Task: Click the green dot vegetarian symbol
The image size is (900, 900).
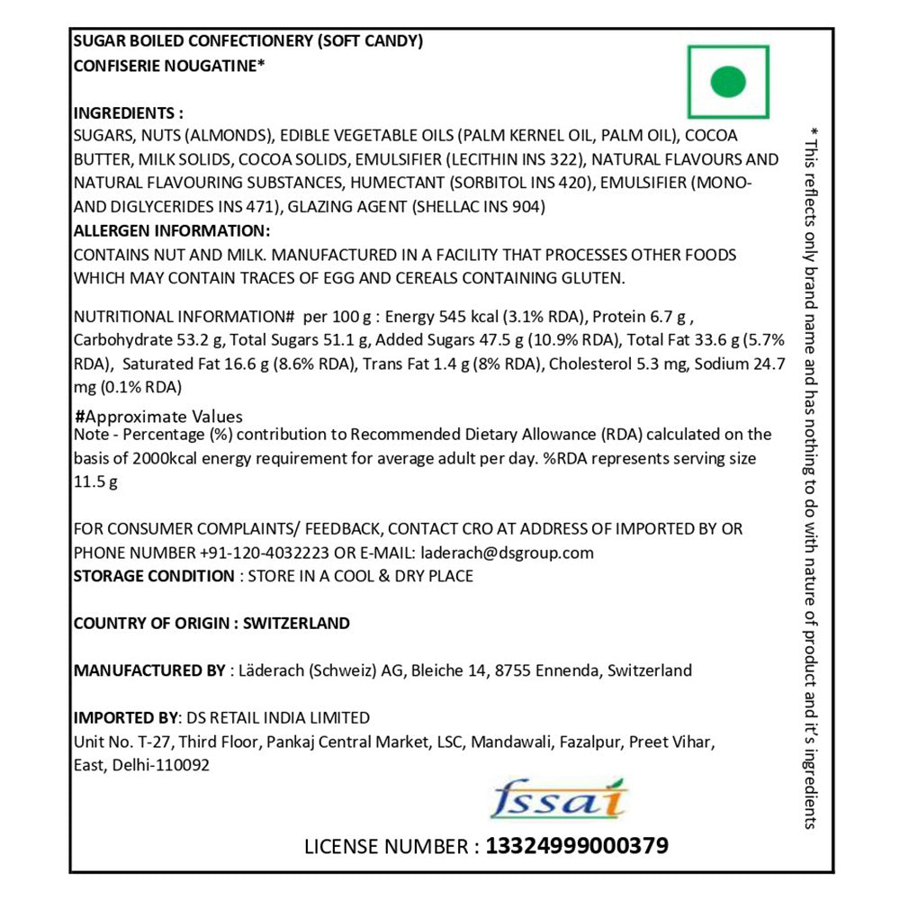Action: (x=727, y=82)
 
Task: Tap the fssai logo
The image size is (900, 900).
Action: (x=559, y=798)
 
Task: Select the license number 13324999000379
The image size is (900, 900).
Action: (x=577, y=846)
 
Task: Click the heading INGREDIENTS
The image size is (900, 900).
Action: (x=128, y=113)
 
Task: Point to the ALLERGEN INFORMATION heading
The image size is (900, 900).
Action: (x=171, y=230)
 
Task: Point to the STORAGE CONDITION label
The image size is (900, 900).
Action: (x=153, y=576)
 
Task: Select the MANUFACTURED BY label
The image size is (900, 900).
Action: (x=149, y=670)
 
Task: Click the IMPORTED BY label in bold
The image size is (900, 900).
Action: (x=125, y=717)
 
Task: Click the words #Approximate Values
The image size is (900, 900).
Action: (x=158, y=417)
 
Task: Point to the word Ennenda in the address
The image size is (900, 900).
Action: (x=567, y=670)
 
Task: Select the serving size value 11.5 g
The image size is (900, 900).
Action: (x=95, y=481)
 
